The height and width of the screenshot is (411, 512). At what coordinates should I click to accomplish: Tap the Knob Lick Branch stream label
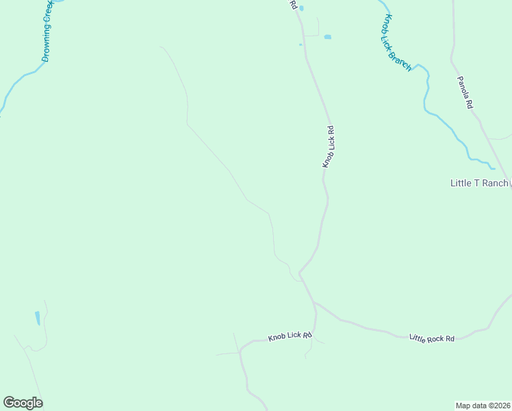(398, 42)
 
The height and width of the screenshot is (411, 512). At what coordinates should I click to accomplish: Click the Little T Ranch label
(479, 183)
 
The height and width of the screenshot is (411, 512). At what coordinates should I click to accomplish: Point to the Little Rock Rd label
(432, 338)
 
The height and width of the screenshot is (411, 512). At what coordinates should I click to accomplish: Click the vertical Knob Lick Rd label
(329, 147)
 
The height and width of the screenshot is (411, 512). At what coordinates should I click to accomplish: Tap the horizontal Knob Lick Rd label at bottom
(290, 336)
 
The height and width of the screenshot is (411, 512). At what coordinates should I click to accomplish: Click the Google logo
(23, 403)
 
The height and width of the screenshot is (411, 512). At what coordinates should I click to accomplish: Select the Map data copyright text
(483, 405)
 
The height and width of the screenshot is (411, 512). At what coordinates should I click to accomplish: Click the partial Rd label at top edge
(293, 5)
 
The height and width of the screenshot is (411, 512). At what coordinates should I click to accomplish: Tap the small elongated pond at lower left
(38, 318)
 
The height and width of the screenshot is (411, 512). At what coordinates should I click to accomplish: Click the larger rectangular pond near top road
(327, 36)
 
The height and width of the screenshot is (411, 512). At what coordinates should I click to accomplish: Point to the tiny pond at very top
(301, 8)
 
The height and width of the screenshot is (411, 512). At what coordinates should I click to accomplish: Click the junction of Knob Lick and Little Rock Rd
(314, 302)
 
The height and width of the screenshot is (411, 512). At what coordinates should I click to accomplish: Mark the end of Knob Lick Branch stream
(493, 166)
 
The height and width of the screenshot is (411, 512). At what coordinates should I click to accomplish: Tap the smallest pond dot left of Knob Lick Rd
(300, 45)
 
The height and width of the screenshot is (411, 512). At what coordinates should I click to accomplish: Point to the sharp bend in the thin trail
(188, 125)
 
